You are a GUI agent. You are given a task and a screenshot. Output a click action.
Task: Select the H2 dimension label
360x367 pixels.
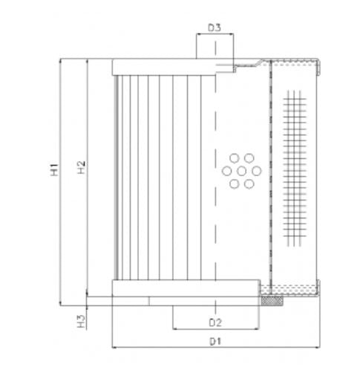[82, 169]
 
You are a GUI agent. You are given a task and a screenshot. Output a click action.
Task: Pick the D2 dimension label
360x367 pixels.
[215, 322]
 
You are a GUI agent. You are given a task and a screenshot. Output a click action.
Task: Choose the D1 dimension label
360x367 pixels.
[215, 341]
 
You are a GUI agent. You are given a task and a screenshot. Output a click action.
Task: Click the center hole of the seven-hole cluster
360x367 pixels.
[238, 170]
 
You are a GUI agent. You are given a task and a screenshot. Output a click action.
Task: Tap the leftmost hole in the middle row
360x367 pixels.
[225, 170]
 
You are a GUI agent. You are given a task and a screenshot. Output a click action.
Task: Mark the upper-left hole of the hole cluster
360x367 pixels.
[232, 158]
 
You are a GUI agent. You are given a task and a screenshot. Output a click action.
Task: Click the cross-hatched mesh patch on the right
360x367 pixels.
[295, 169]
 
